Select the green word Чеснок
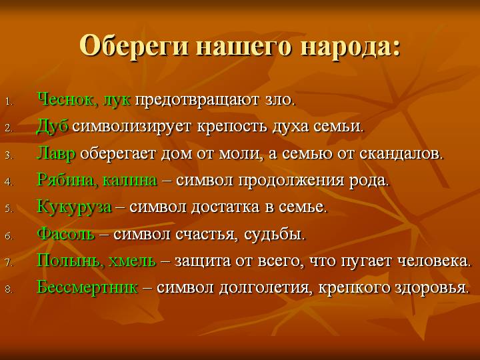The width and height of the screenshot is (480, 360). (x=65, y=99)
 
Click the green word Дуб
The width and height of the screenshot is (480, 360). (x=53, y=126)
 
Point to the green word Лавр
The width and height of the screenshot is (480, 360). (x=56, y=153)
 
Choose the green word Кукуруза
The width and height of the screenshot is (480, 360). (x=74, y=207)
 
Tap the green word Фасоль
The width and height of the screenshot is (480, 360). (x=65, y=234)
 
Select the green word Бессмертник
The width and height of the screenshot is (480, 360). (x=87, y=287)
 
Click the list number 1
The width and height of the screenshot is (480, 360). (x=9, y=102)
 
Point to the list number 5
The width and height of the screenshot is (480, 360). (x=8, y=209)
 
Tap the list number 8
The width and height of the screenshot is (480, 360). (x=8, y=289)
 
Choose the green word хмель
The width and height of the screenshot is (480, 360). (x=132, y=261)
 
